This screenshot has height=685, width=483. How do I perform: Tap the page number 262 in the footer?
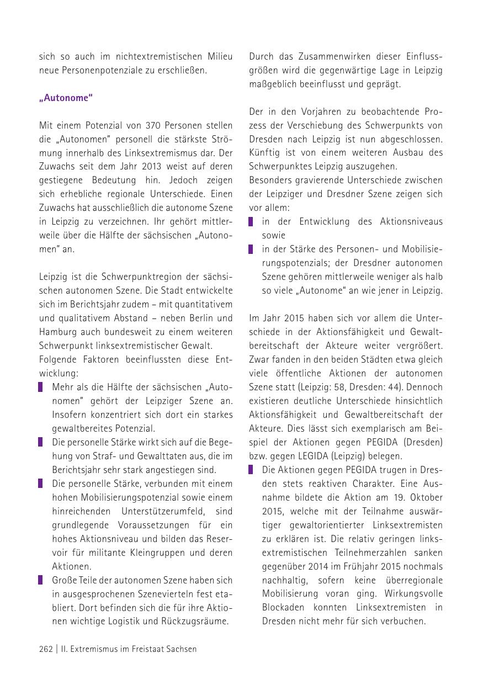[x=46, y=649]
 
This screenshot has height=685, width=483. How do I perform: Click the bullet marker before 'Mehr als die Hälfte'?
[x=41, y=387]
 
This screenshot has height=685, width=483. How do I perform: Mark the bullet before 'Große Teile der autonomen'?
[x=41, y=580]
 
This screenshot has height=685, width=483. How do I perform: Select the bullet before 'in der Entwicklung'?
[x=251, y=221]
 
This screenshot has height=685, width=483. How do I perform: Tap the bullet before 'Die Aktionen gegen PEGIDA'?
[x=251, y=470]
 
